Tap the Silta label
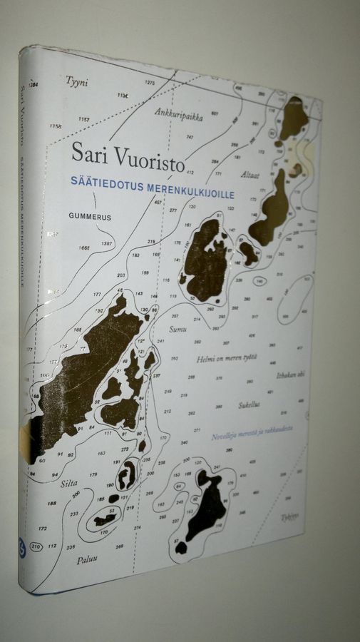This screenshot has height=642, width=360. tap(69, 483)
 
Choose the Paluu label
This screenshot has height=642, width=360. tap(86, 560)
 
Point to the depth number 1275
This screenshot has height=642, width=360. tap(149, 83)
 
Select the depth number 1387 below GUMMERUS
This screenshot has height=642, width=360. tap(106, 244)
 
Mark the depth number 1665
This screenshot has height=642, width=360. tap(84, 248)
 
